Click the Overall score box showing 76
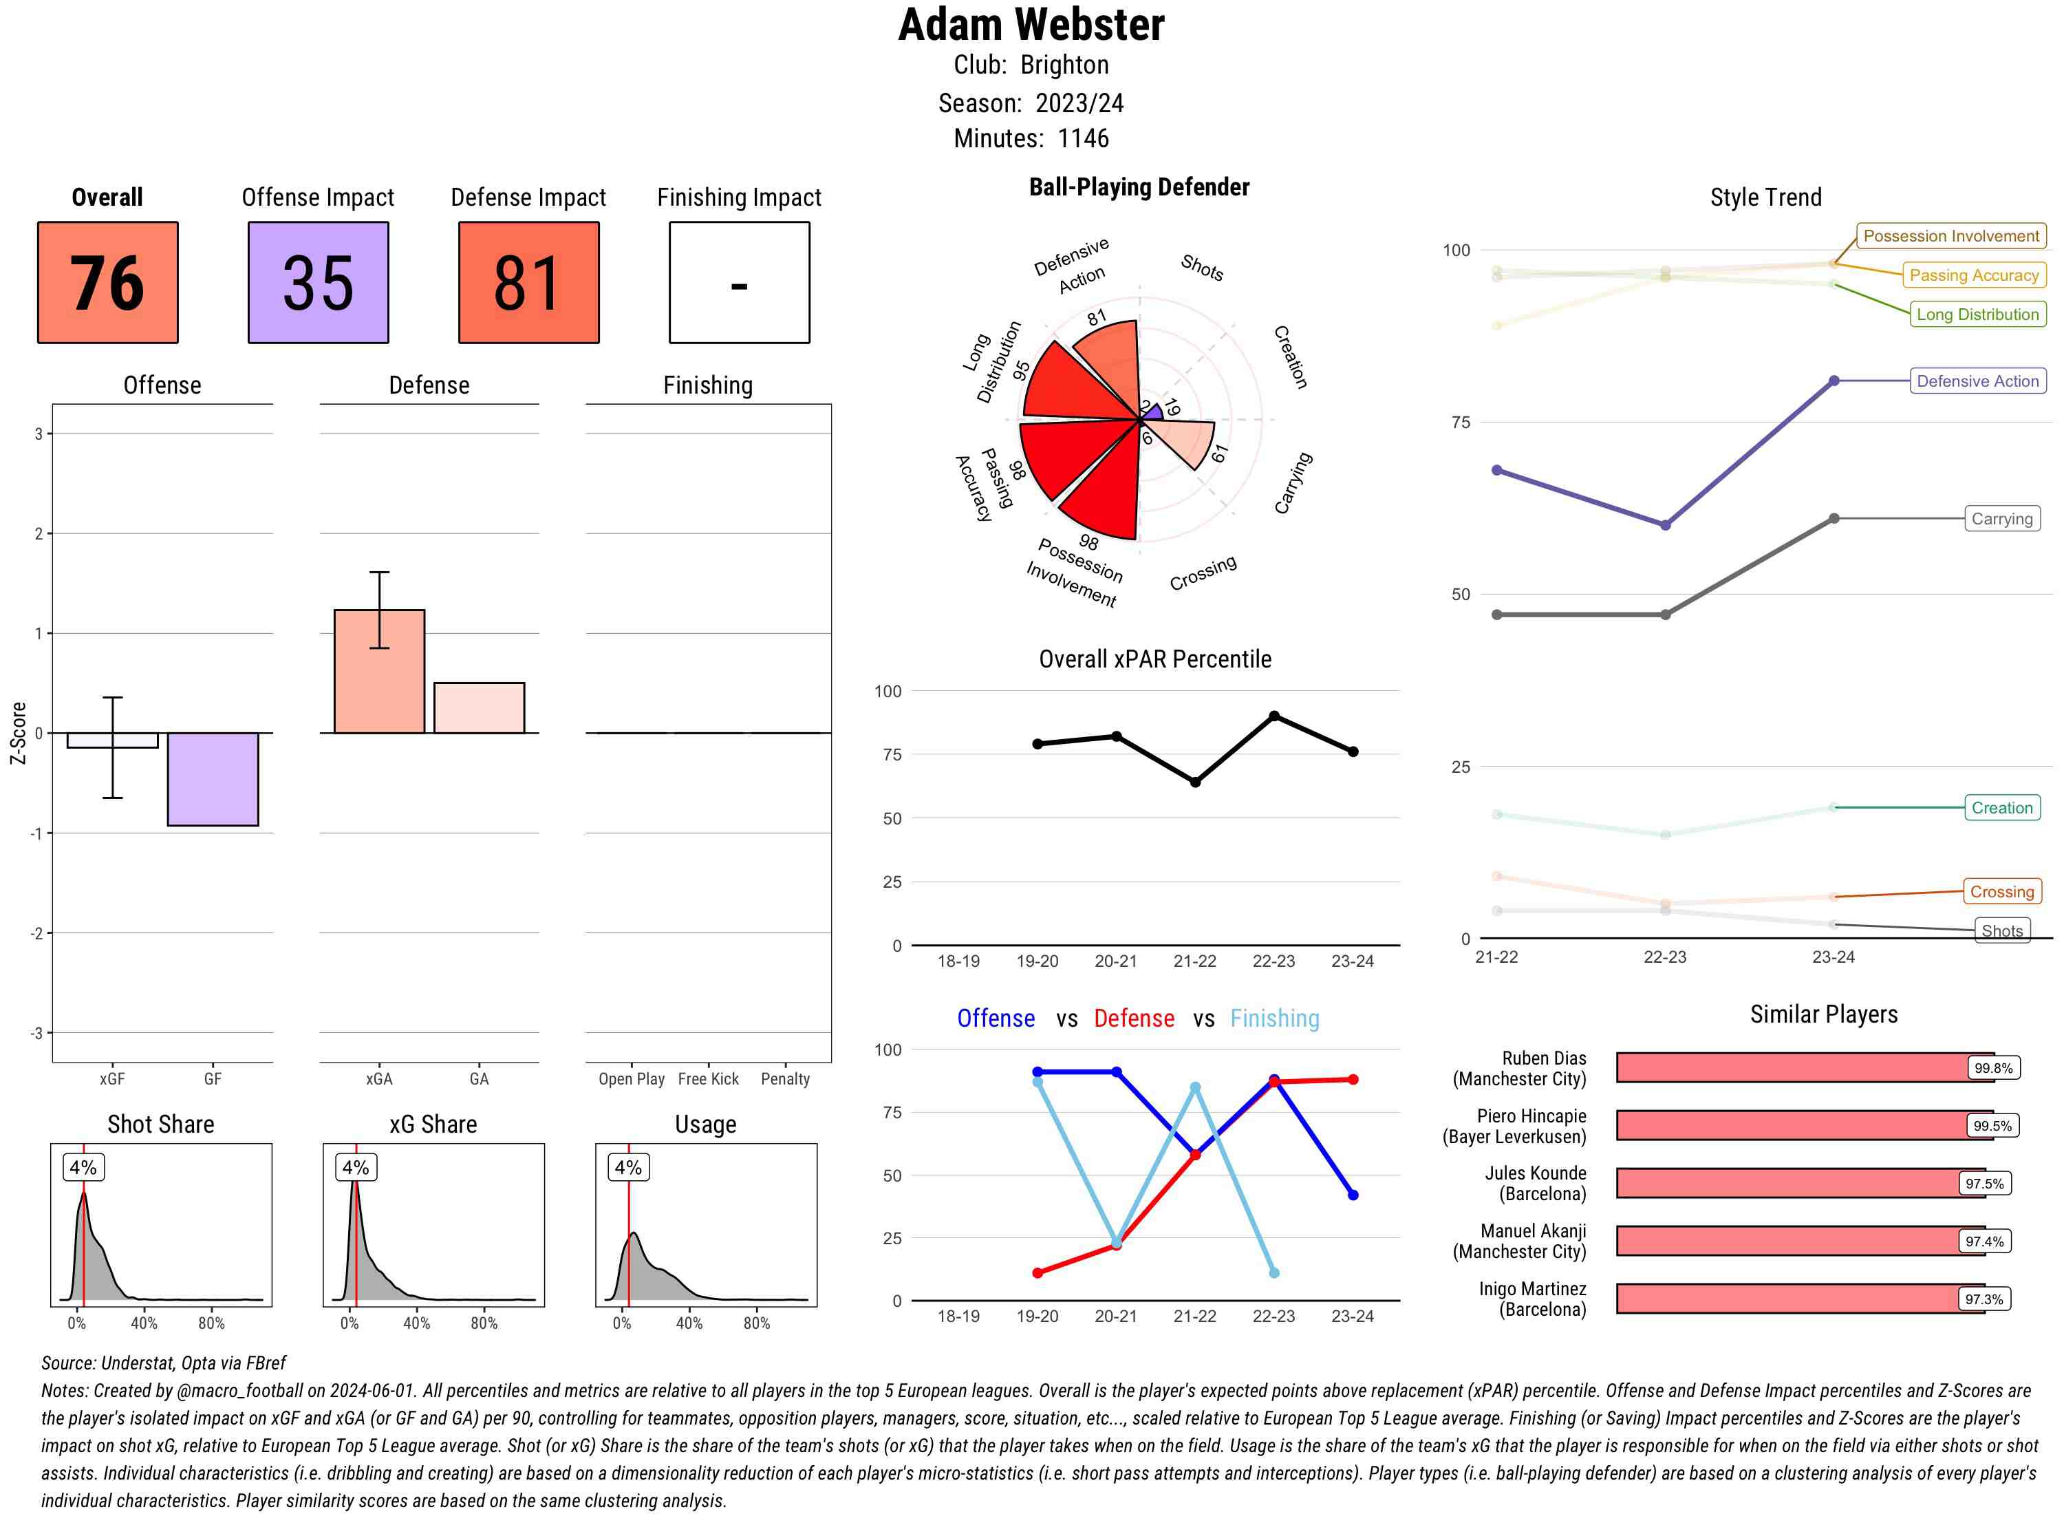(107, 282)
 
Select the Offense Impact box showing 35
(318, 282)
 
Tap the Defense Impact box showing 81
(528, 282)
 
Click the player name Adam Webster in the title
(1031, 25)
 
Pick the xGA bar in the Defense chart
(379, 671)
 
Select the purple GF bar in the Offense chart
(213, 779)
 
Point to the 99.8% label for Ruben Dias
(1992, 1067)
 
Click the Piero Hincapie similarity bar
(1791, 1125)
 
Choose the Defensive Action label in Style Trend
(1977, 381)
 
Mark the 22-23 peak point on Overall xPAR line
(1273, 716)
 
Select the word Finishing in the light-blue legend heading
(1274, 1019)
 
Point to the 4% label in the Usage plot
(627, 1168)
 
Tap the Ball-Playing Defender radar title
(1139, 187)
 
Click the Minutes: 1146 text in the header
(1031, 138)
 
